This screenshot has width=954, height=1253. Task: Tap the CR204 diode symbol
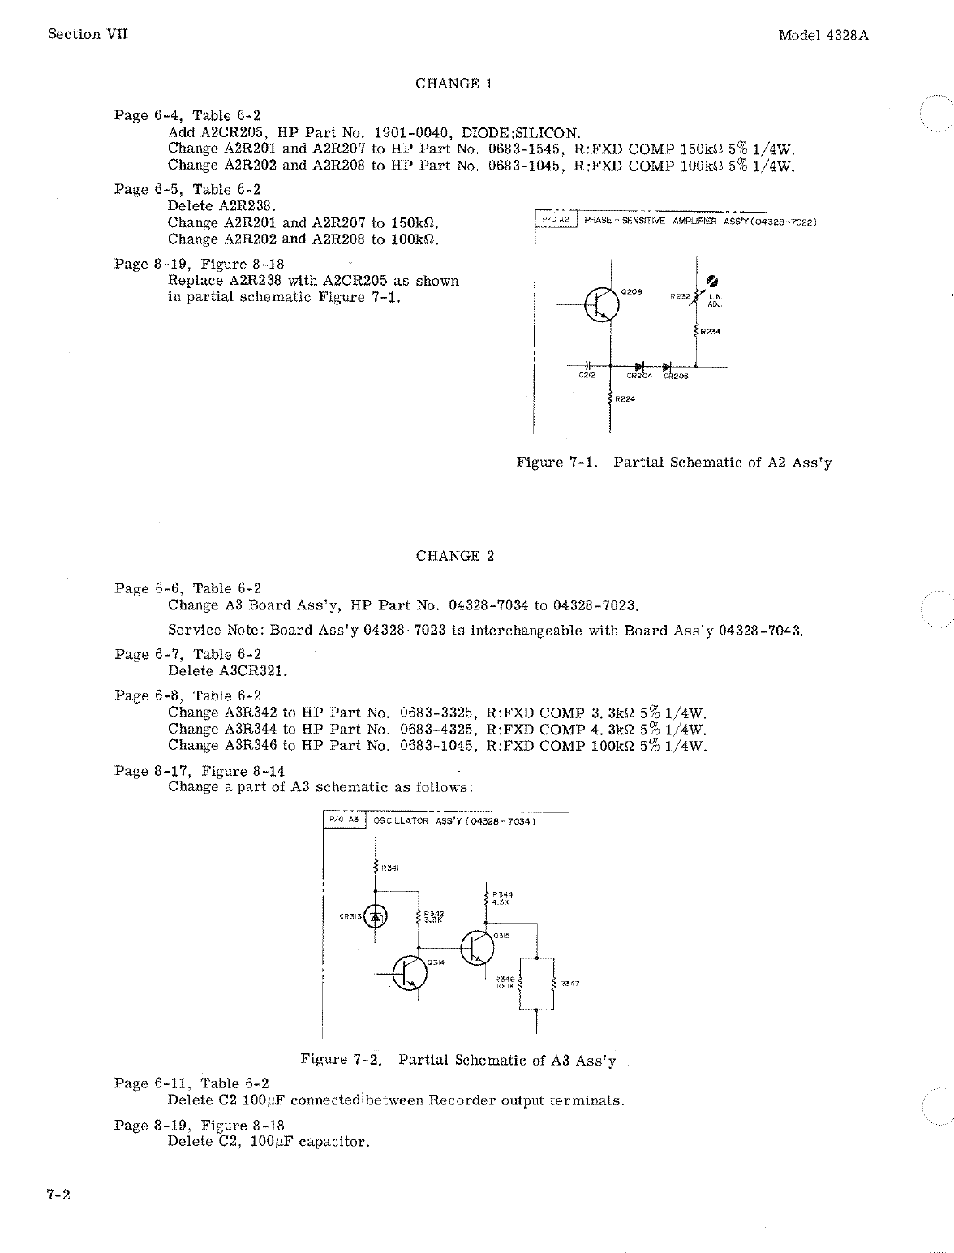coord(639,366)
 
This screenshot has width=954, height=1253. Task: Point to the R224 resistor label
coord(625,398)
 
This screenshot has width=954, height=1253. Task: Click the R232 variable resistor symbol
coord(696,295)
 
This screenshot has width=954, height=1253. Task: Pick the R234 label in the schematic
coord(711,331)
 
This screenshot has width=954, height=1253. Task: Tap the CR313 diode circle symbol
coord(375,917)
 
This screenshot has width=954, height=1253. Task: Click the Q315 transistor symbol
coord(476,947)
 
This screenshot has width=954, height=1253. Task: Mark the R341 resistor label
coord(390,868)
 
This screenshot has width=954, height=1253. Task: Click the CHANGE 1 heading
coord(453,84)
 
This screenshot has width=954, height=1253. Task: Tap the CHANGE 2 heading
coord(454,556)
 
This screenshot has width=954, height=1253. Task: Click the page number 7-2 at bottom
coord(58,1195)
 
